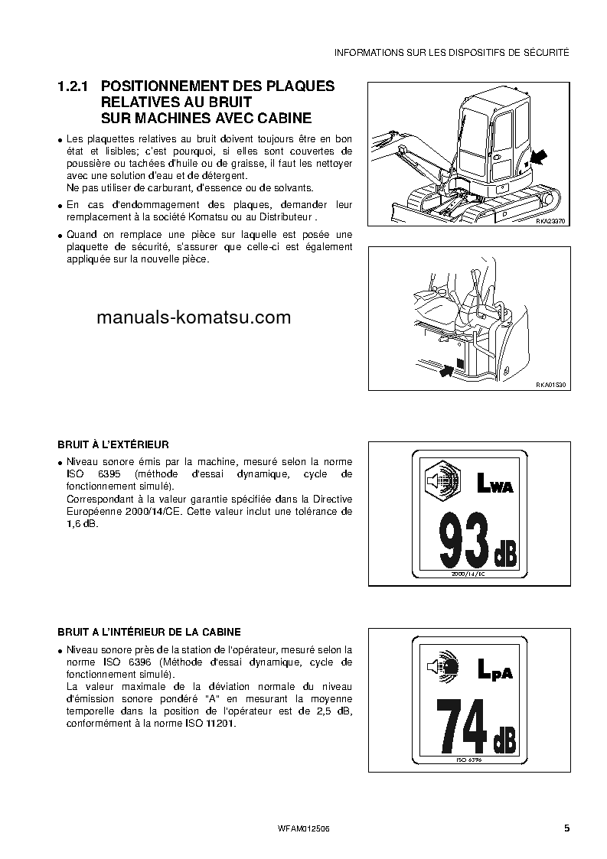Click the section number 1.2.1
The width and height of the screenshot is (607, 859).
click(74, 86)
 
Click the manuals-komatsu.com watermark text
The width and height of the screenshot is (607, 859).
click(194, 317)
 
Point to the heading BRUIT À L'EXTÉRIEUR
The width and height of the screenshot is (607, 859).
click(113, 444)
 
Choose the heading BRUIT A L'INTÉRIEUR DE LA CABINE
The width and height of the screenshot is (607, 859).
click(149, 632)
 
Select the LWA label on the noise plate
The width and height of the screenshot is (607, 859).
click(494, 484)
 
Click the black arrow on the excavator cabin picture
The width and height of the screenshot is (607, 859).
click(538, 158)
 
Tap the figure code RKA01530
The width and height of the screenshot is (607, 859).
click(550, 386)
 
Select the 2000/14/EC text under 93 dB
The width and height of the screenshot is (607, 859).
click(468, 573)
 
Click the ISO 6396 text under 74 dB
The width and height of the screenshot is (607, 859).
click(468, 760)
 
